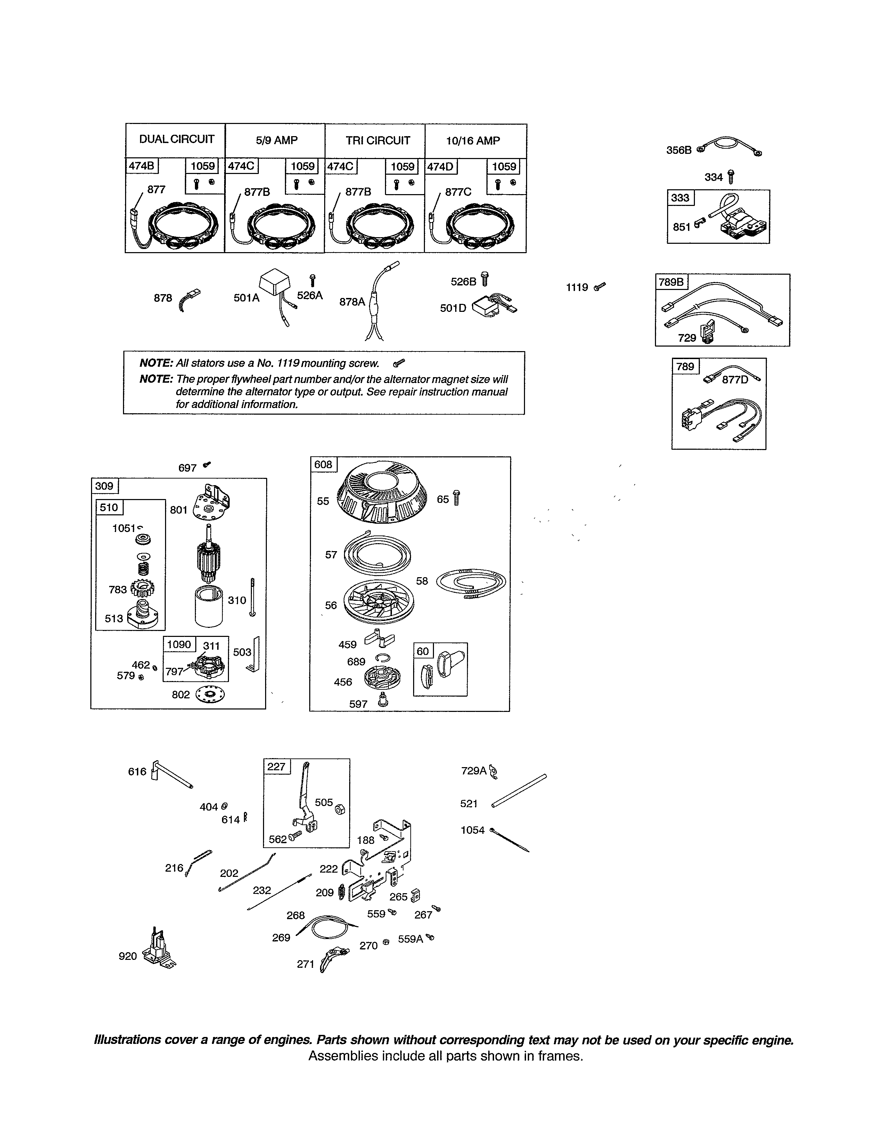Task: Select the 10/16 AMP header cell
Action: pyautogui.click(x=473, y=141)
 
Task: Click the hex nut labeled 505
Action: pyautogui.click(x=339, y=808)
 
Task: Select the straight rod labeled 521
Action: pyautogui.click(x=519, y=791)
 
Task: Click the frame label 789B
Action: pyautogui.click(x=671, y=282)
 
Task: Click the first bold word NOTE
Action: pyautogui.click(x=156, y=363)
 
